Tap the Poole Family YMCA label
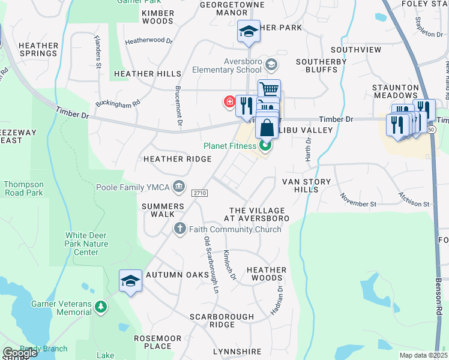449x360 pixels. (x=133, y=187)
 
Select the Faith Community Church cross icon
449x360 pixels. (x=179, y=229)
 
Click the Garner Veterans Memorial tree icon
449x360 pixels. (x=101, y=308)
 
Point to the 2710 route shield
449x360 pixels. (x=200, y=193)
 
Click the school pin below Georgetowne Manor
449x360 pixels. (x=248, y=31)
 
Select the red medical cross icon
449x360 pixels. (x=229, y=102)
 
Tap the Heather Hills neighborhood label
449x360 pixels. (x=147, y=74)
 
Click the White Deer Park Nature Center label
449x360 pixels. (x=87, y=244)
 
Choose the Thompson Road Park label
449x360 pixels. (x=23, y=188)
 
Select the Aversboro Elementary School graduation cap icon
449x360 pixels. (x=271, y=64)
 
